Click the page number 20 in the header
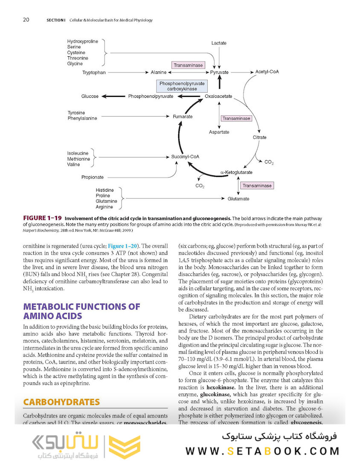[x=26, y=20]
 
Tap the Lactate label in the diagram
[x=219, y=43]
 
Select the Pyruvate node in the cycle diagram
[x=219, y=73]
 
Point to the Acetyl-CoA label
[x=267, y=72]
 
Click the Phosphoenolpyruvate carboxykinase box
[x=182, y=86]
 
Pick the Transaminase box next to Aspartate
[x=236, y=118]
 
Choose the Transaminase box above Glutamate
[x=257, y=186]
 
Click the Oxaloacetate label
[x=218, y=96]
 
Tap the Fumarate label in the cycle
[x=183, y=116]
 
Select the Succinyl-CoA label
[x=185, y=157]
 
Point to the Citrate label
[x=259, y=137]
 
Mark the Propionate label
[x=92, y=177]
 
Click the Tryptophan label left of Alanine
[x=94, y=73]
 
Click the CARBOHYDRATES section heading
[x=61, y=402]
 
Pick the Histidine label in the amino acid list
[x=105, y=190]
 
